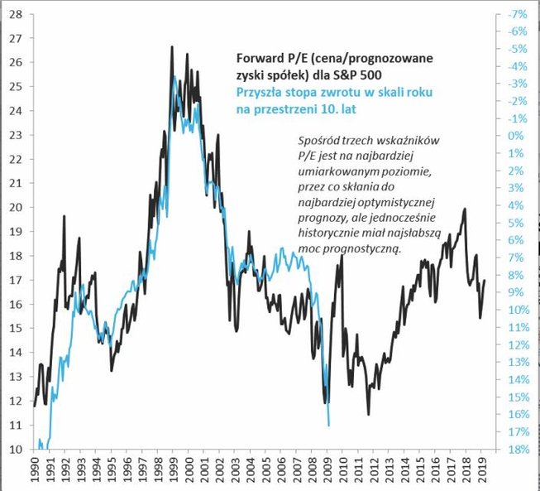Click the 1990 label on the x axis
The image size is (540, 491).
tap(36, 470)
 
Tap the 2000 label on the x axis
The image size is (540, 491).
tap(192, 470)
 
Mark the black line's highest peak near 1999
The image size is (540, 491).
tap(171, 47)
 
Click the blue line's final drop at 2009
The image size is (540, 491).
tap(329, 425)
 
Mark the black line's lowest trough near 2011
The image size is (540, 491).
tap(368, 414)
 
